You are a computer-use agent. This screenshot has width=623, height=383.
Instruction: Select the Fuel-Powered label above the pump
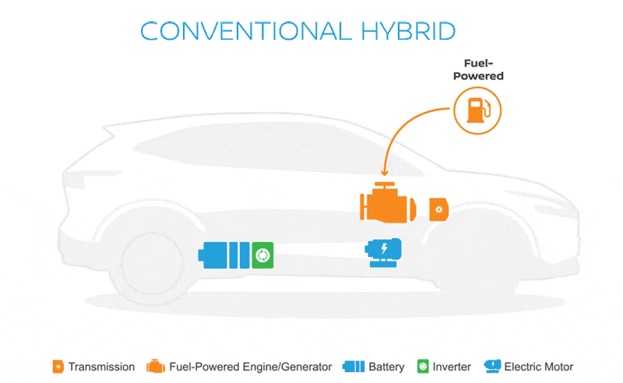tap(478, 70)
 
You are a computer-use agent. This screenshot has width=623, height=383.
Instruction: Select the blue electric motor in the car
tap(385, 252)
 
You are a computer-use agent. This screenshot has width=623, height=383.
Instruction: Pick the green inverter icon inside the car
tap(263, 255)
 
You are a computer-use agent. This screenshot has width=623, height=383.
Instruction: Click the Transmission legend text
tap(100, 366)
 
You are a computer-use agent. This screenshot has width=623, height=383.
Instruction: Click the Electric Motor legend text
tap(539, 366)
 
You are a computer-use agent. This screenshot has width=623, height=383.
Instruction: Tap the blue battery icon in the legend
tap(354, 366)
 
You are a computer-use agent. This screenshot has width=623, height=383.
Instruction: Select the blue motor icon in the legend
tap(492, 366)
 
